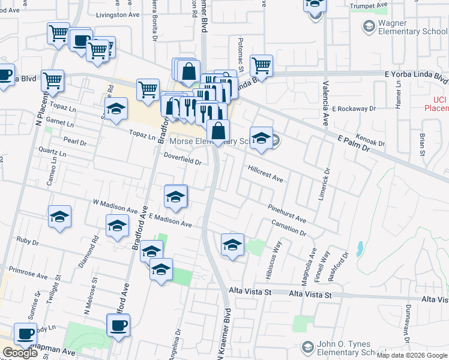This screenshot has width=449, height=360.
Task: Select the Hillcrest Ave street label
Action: click(265, 175)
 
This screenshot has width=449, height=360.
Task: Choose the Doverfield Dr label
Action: click(182, 158)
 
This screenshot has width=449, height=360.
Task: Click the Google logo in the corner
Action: click(20, 353)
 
